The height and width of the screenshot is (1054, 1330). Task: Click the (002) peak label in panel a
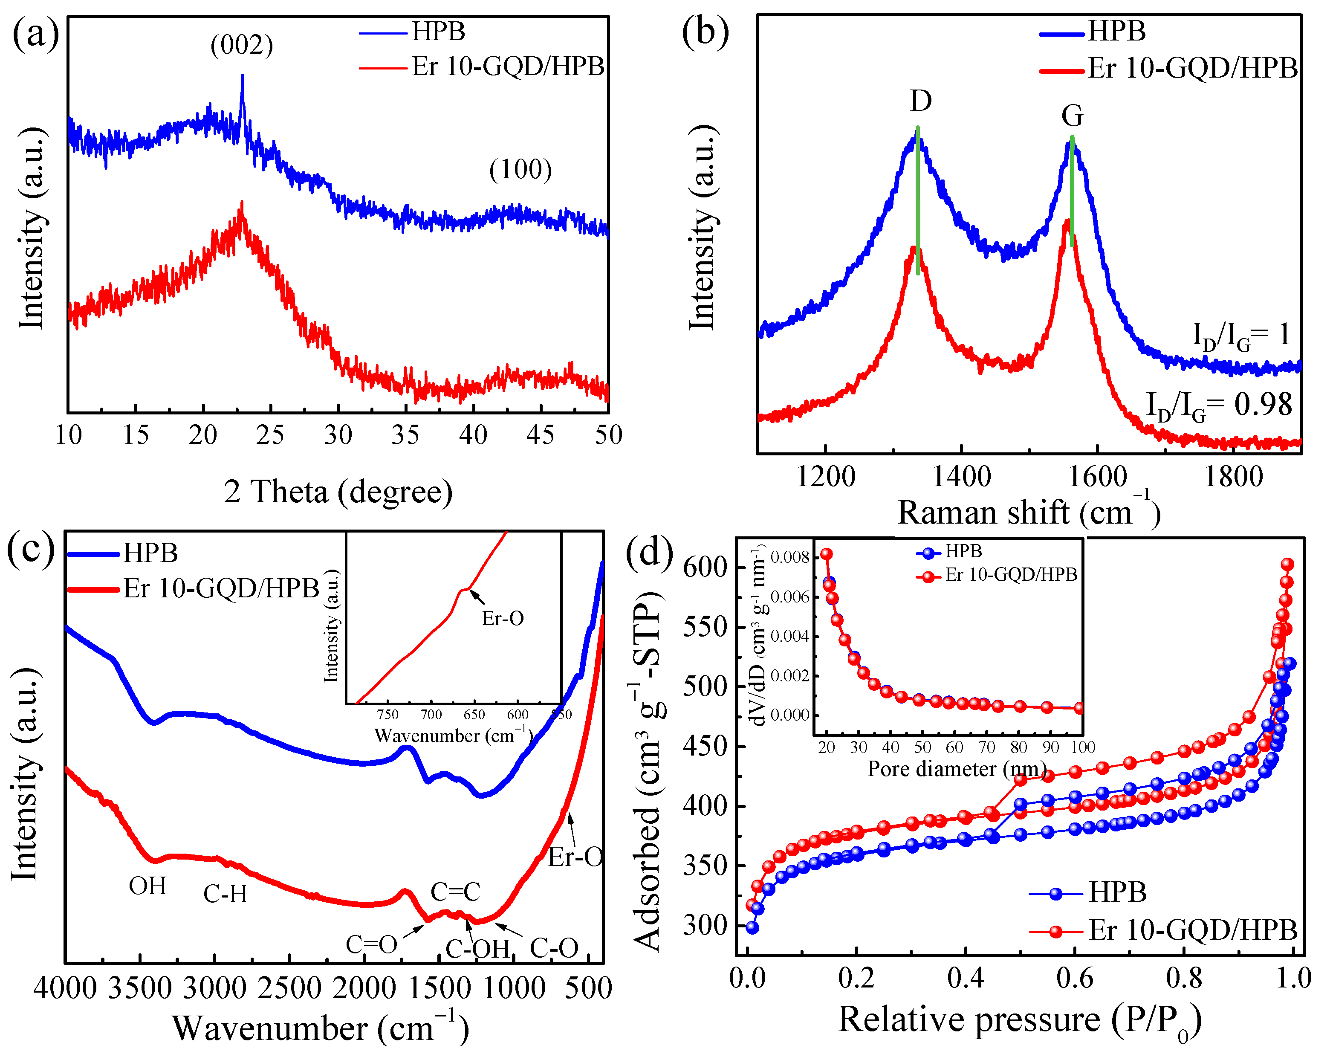(242, 45)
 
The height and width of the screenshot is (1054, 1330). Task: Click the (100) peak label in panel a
(520, 169)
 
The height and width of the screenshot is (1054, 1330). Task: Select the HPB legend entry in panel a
(438, 31)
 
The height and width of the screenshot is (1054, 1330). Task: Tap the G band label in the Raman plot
(1072, 116)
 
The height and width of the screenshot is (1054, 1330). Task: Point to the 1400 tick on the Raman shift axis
(961, 477)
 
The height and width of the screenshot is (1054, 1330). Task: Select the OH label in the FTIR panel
(147, 886)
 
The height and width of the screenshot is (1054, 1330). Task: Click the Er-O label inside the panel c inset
(503, 618)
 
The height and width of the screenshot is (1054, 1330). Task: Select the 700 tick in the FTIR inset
(431, 715)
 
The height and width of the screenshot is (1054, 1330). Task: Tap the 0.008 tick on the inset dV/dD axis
(790, 557)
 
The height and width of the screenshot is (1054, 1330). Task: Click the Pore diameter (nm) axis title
(957, 769)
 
